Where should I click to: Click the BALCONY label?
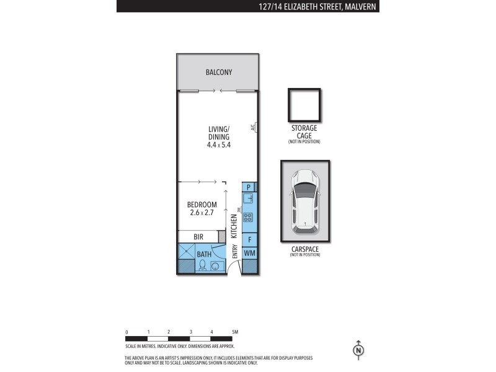click(218, 73)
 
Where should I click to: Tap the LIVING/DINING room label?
click(218, 136)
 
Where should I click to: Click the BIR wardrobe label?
click(198, 237)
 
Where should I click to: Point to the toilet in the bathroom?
click(202, 265)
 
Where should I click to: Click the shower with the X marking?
click(187, 252)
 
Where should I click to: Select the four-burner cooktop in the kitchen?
click(249, 218)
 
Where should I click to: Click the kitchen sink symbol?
click(249, 198)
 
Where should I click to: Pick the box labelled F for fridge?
click(249, 239)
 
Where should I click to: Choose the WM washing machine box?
click(249, 253)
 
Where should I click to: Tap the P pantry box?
click(249, 187)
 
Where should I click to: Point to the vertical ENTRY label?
click(234, 251)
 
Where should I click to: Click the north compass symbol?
click(358, 350)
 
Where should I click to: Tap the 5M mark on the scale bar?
click(234, 332)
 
